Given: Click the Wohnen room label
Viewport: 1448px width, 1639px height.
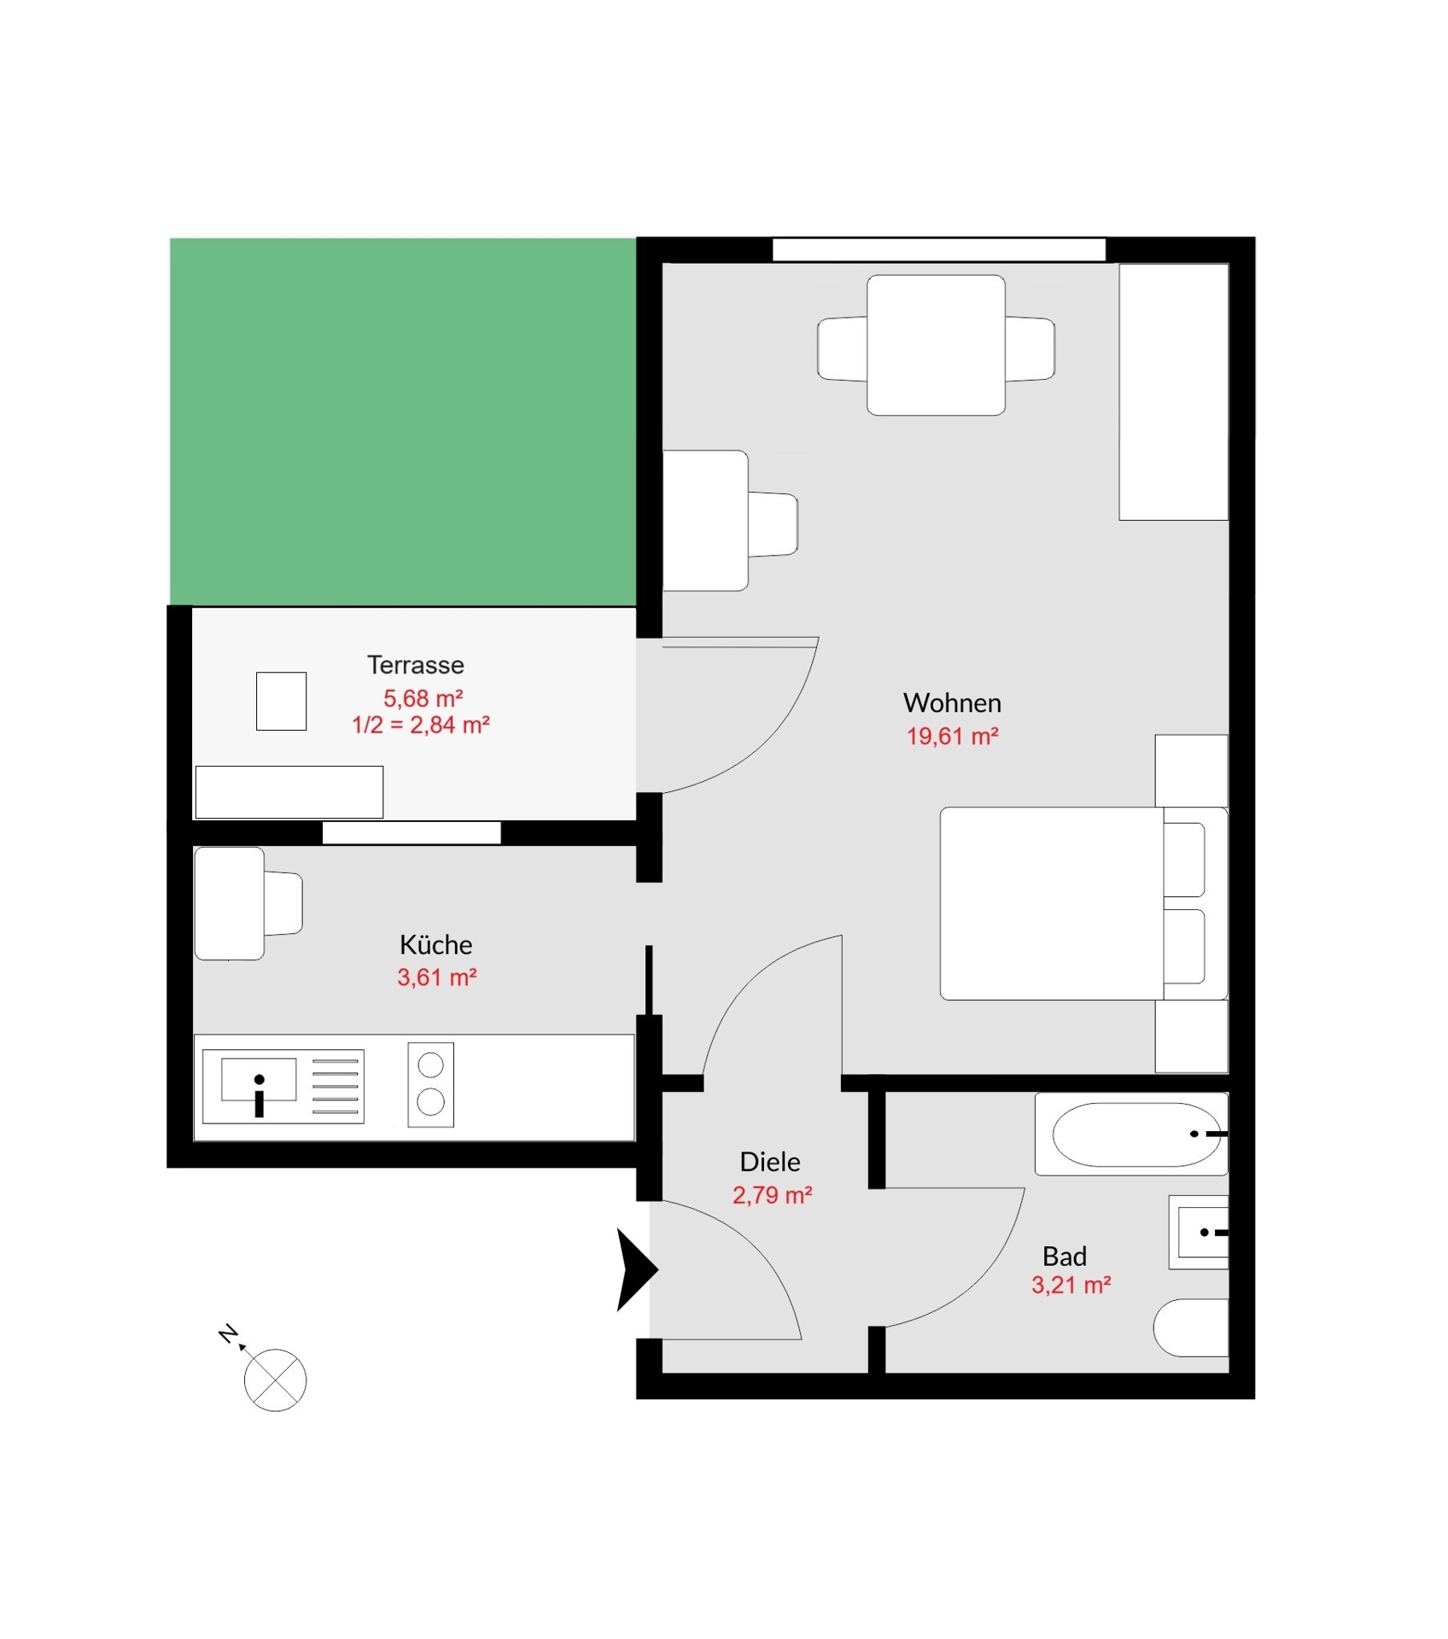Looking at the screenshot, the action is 952,703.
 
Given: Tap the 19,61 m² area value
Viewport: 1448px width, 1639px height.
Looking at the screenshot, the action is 952,736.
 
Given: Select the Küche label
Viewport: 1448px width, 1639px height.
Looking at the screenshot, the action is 435,945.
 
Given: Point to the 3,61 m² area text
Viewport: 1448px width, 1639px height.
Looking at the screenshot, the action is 436,977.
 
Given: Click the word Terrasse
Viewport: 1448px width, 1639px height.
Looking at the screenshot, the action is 416,665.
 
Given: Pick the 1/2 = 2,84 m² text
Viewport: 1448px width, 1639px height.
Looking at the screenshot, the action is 421,725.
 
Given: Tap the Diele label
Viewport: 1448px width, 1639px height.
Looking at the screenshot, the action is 770,1162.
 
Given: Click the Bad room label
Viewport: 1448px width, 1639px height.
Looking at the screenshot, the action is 1065,1257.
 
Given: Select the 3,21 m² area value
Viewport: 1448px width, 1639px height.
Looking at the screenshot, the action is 1071,1285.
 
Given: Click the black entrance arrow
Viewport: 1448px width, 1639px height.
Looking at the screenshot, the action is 636,1270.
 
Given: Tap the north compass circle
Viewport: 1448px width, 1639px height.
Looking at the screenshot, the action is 275,1380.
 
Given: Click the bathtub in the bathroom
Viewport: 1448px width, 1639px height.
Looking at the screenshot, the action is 1132,1134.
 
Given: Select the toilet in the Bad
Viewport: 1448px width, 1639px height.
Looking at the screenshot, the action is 1191,1328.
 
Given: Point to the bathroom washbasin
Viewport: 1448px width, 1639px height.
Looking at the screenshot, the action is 1199,1233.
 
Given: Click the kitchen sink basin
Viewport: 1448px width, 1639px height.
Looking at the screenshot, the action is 259,1080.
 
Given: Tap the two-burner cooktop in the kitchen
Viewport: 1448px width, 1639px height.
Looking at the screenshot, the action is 431,1085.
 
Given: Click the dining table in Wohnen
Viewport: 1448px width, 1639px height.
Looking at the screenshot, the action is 936,345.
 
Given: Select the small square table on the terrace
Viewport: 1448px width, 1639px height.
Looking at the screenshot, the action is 282,701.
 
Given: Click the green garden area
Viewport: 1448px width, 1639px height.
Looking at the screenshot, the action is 403,422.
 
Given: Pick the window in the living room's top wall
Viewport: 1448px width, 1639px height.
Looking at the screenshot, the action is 939,249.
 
